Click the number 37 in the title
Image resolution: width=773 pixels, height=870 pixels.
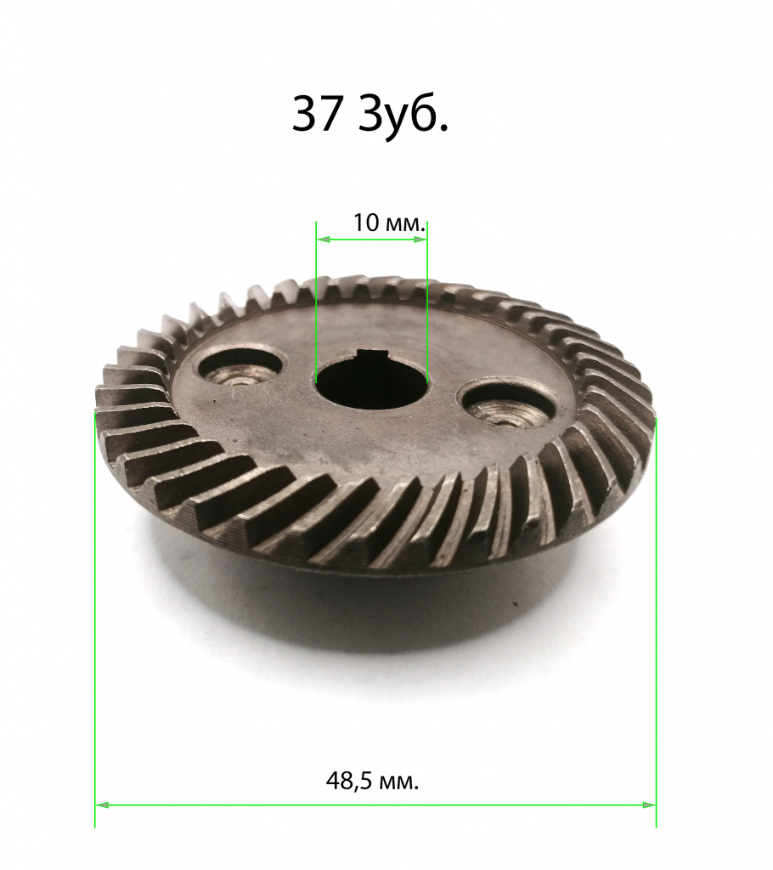[x=316, y=115]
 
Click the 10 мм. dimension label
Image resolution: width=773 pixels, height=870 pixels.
[x=390, y=223]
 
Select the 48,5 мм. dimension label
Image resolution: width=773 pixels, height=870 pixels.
[x=372, y=782]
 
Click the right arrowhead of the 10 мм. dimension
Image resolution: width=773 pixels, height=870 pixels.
[x=420, y=240]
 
